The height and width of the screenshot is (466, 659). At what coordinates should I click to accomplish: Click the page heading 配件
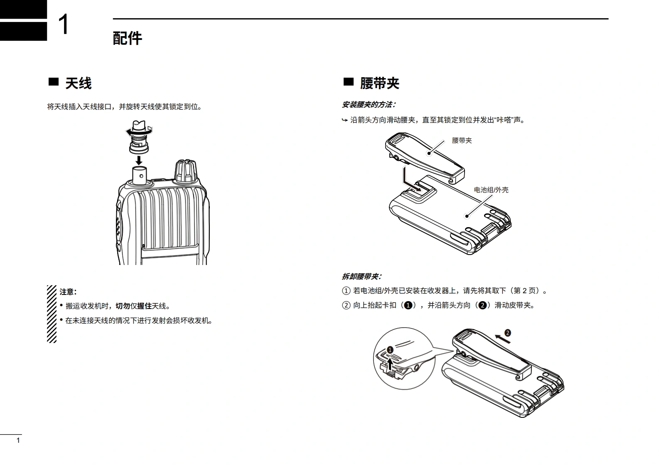(127, 38)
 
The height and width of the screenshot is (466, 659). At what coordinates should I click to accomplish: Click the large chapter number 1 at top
(64, 25)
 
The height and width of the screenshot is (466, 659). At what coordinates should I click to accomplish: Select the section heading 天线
(78, 83)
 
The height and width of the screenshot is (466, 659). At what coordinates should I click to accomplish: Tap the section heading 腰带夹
(379, 83)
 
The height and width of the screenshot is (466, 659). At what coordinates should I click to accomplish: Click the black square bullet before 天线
(54, 82)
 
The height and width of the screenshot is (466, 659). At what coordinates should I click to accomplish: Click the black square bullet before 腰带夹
(348, 82)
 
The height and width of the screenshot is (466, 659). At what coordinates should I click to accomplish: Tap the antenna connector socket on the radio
(140, 175)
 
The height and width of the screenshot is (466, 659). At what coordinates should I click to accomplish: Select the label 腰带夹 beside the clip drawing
(462, 140)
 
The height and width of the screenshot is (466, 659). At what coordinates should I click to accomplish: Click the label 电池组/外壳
(491, 190)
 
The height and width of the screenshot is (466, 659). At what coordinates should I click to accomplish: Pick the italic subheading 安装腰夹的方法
(369, 105)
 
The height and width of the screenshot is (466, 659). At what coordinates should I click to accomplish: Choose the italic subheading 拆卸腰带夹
(361, 277)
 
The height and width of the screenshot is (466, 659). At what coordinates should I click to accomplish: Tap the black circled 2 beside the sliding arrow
(507, 333)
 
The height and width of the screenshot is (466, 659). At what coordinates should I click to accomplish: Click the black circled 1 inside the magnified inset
(390, 350)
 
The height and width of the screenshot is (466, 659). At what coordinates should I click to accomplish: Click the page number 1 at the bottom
(18, 440)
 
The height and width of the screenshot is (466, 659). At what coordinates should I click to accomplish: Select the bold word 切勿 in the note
(123, 306)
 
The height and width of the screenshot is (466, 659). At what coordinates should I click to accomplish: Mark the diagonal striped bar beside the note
(52, 314)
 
